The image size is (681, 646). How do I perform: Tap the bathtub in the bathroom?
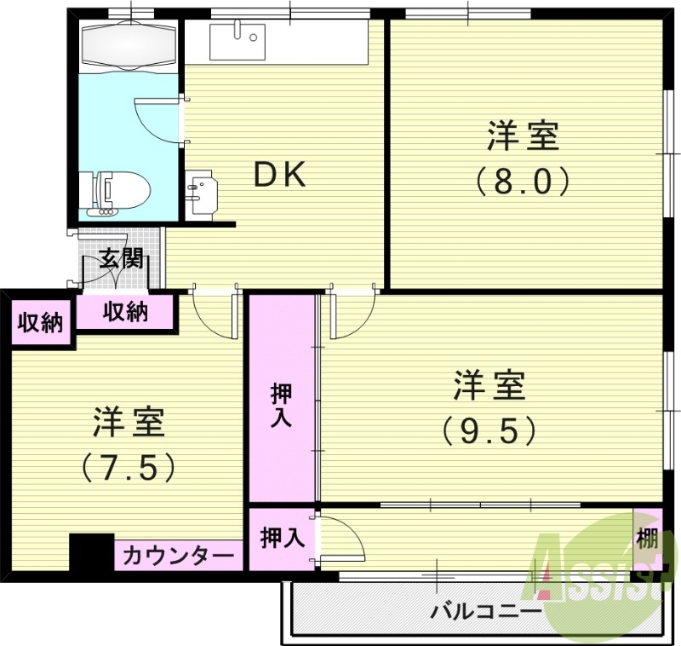click(x=129, y=44)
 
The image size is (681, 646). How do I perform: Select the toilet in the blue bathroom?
click(x=119, y=191)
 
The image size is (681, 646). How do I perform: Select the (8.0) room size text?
click(x=522, y=180)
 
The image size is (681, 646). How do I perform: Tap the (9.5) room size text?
click(x=489, y=430)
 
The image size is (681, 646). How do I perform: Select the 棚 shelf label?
click(x=648, y=539)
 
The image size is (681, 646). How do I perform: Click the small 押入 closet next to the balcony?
click(x=281, y=539)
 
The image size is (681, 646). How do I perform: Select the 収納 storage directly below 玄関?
click(x=126, y=312)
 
